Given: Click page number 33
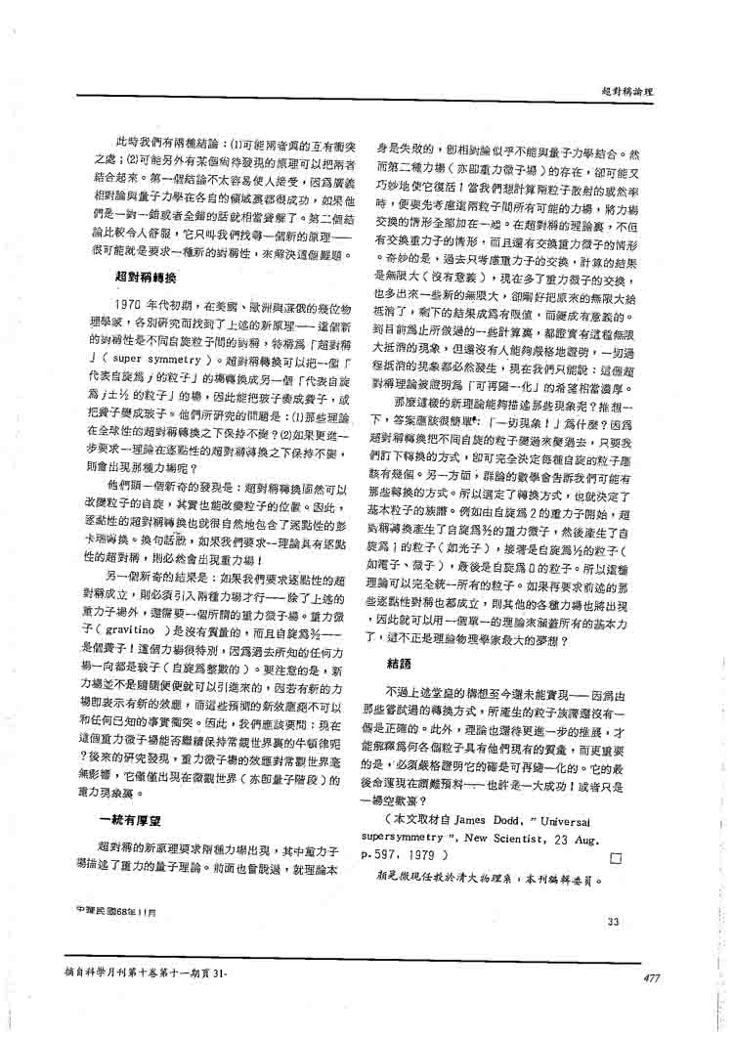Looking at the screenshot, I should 613,922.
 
